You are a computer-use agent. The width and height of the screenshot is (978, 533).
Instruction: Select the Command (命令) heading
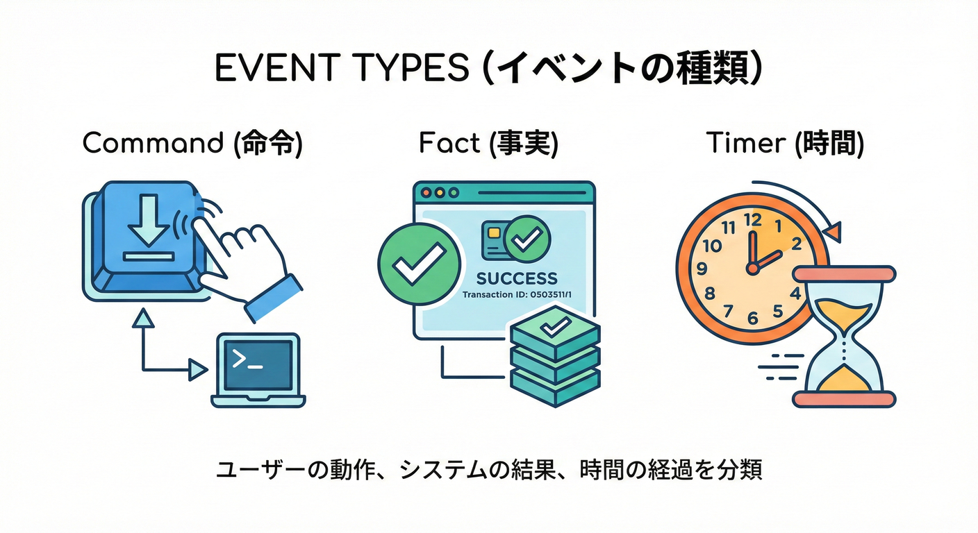[x=192, y=143]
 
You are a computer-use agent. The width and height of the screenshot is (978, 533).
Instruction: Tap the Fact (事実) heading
[x=488, y=143]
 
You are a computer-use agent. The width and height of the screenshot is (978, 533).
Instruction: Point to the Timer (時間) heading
[x=785, y=143]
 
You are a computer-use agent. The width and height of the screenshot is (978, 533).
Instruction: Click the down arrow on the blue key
[x=149, y=221]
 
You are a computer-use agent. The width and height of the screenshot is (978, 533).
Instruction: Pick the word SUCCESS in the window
[x=517, y=278]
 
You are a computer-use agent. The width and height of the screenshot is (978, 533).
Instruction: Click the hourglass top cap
[x=844, y=274]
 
